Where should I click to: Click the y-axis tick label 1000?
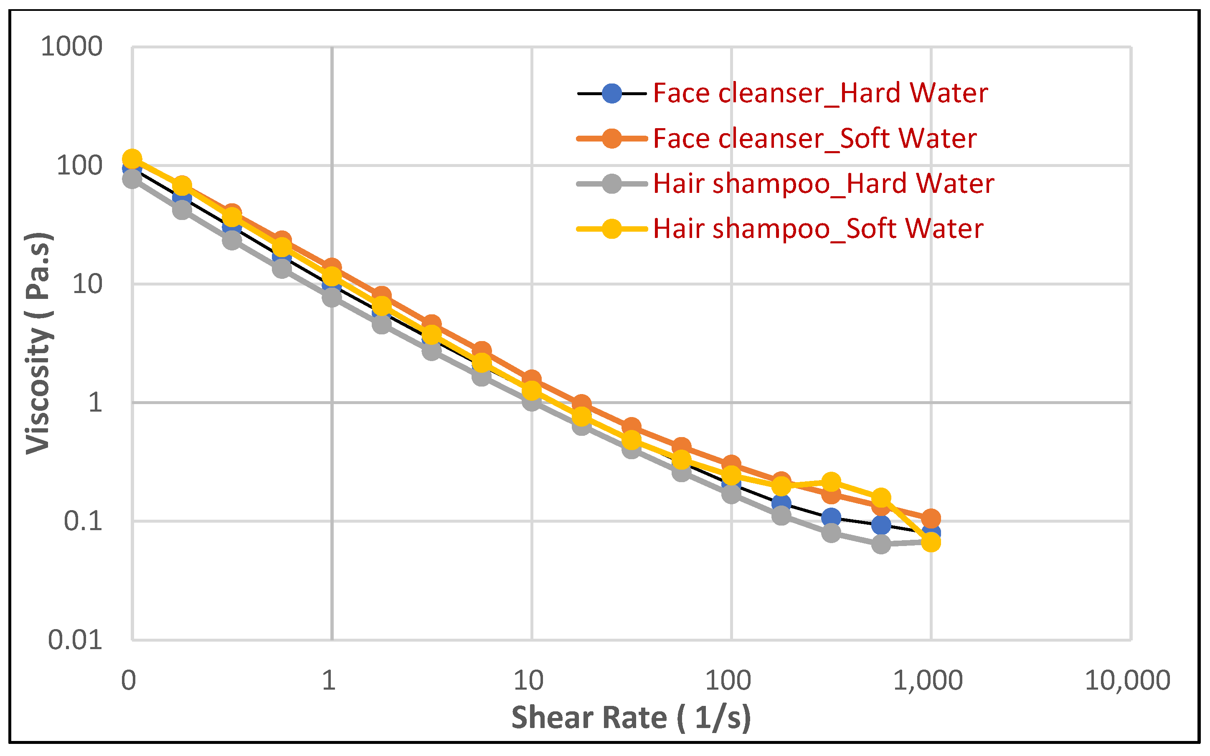coord(71,47)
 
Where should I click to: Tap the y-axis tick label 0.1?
coord(83,521)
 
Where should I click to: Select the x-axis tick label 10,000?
coord(1127,681)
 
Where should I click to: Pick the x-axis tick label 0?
coord(129,681)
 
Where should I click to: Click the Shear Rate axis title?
coord(631,718)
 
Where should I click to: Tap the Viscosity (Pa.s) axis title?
coord(39,343)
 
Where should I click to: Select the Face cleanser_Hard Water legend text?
coord(820,93)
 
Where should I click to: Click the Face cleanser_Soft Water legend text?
coord(814,139)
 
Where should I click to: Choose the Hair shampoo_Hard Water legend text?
coord(823,184)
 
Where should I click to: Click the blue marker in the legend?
coord(611,94)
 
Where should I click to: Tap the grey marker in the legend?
coord(611,184)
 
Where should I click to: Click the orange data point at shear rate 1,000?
coord(931,518)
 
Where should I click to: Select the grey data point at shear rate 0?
coord(132,179)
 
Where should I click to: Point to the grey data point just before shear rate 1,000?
coord(881,544)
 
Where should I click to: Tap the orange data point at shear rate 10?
coord(531,379)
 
